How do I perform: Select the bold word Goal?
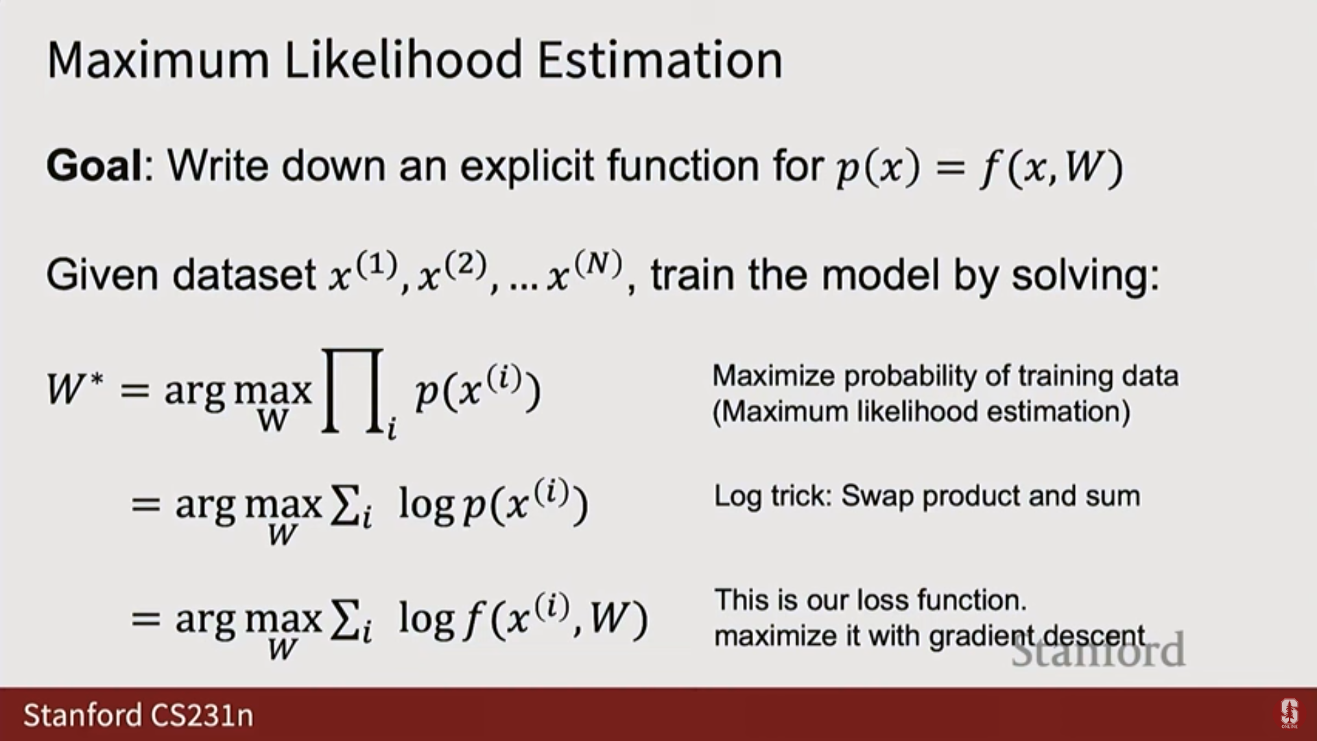point(93,165)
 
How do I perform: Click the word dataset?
point(244,274)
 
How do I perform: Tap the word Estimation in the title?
point(659,60)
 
